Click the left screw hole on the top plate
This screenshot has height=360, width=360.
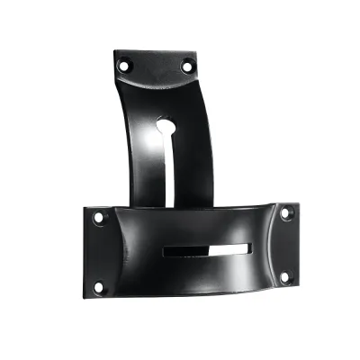[125, 64]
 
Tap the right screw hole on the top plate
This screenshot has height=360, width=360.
[187, 65]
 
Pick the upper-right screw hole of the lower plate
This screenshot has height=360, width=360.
[286, 213]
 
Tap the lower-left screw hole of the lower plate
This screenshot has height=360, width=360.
[98, 287]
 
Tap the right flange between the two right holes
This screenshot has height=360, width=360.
[287, 245]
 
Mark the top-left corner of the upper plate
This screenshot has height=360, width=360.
[116, 51]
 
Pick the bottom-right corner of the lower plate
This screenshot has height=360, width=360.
[296, 286]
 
